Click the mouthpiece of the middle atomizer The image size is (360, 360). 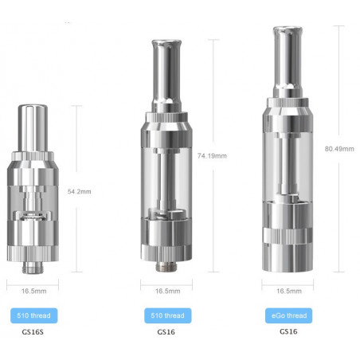[166, 65]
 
